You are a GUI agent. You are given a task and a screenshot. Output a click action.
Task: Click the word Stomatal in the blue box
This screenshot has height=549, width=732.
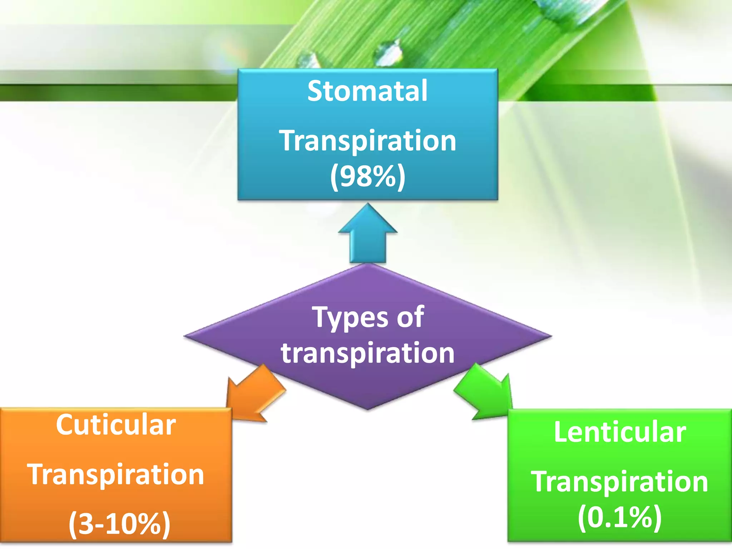[367, 91]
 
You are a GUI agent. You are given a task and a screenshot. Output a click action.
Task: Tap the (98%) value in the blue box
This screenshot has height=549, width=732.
[367, 176]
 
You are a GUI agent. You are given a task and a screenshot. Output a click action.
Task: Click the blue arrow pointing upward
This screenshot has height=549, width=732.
[367, 234]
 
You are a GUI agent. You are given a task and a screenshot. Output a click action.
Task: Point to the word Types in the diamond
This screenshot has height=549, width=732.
[345, 317]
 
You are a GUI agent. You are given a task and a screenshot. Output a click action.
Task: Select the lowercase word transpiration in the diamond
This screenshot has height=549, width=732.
[367, 353]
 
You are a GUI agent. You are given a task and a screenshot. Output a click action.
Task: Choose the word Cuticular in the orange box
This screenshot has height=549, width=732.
[115, 425]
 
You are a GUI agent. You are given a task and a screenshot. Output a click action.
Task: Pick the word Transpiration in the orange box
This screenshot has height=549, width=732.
[115, 474]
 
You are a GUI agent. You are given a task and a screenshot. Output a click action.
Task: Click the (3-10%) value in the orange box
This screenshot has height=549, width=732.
[119, 524]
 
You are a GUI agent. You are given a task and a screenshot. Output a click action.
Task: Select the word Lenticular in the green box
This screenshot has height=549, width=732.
[620, 432]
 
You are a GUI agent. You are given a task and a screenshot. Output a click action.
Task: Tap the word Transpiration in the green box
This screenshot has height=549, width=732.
[619, 481]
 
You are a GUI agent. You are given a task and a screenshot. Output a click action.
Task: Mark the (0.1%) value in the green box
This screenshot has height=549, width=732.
[620, 517]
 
